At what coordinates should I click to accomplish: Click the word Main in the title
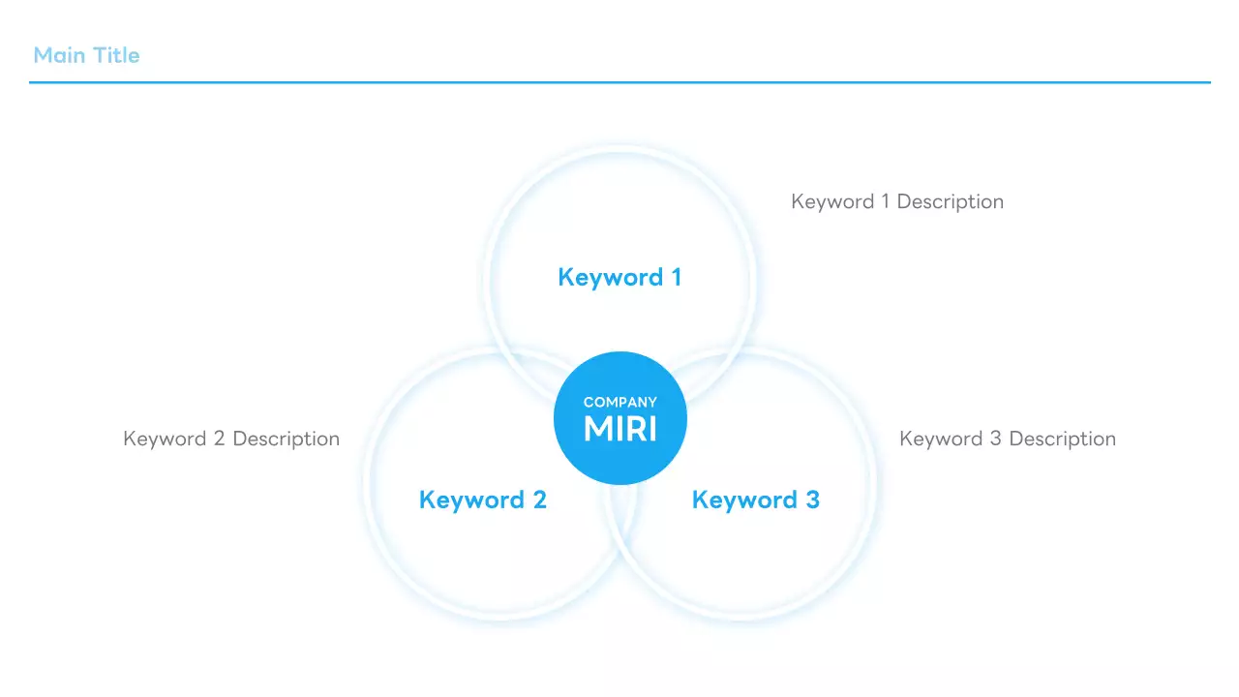(59, 55)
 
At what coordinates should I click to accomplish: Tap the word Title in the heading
(116, 55)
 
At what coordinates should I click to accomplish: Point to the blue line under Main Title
(619, 82)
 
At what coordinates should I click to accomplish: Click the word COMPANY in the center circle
(619, 402)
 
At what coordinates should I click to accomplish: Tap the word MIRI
(619, 429)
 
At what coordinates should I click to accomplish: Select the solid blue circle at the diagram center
(619, 460)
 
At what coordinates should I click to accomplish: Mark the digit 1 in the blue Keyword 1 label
(676, 278)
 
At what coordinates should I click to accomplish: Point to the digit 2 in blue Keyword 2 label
(539, 500)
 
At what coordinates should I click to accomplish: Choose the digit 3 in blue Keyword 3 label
(812, 500)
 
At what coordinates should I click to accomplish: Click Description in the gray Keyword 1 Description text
(950, 201)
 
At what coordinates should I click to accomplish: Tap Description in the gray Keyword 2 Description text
(286, 439)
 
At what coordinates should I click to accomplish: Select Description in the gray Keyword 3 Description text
(1062, 439)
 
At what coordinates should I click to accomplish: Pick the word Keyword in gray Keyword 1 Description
(832, 201)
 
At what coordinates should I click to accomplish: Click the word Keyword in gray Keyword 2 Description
(165, 439)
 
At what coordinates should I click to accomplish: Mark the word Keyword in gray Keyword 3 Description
(941, 439)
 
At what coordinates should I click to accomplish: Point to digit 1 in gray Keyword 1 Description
(885, 201)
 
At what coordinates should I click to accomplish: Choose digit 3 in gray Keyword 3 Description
(995, 439)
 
